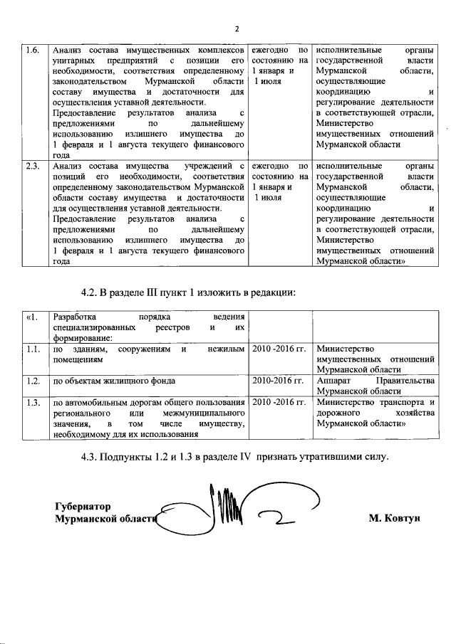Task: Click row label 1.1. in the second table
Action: (32, 349)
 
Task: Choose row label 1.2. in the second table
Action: (32, 381)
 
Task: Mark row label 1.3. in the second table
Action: (32, 403)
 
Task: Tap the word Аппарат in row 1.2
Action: (334, 381)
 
